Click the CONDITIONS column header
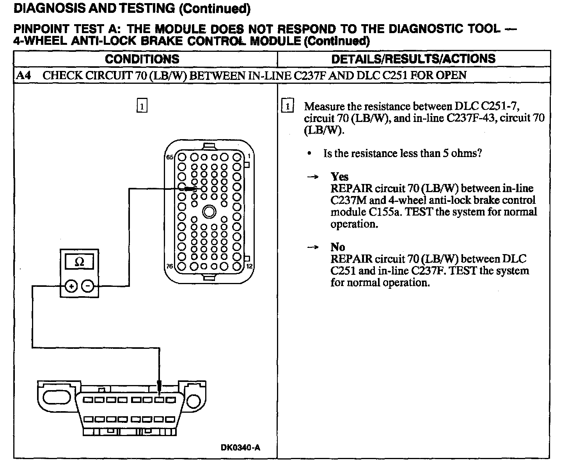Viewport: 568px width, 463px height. point(142,59)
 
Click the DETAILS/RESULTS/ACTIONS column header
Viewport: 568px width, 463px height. point(413,59)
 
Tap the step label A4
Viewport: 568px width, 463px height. point(24,75)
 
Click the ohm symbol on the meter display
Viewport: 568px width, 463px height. point(79,262)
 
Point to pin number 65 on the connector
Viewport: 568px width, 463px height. point(169,157)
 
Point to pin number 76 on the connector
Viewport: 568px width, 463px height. point(169,267)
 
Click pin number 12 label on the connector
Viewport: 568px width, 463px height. point(250,267)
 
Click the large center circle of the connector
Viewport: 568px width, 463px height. point(209,212)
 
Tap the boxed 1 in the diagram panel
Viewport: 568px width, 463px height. point(142,106)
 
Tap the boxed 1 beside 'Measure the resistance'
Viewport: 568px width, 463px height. point(287,106)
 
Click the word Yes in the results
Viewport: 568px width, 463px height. point(339,177)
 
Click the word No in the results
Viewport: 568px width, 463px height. point(338,247)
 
